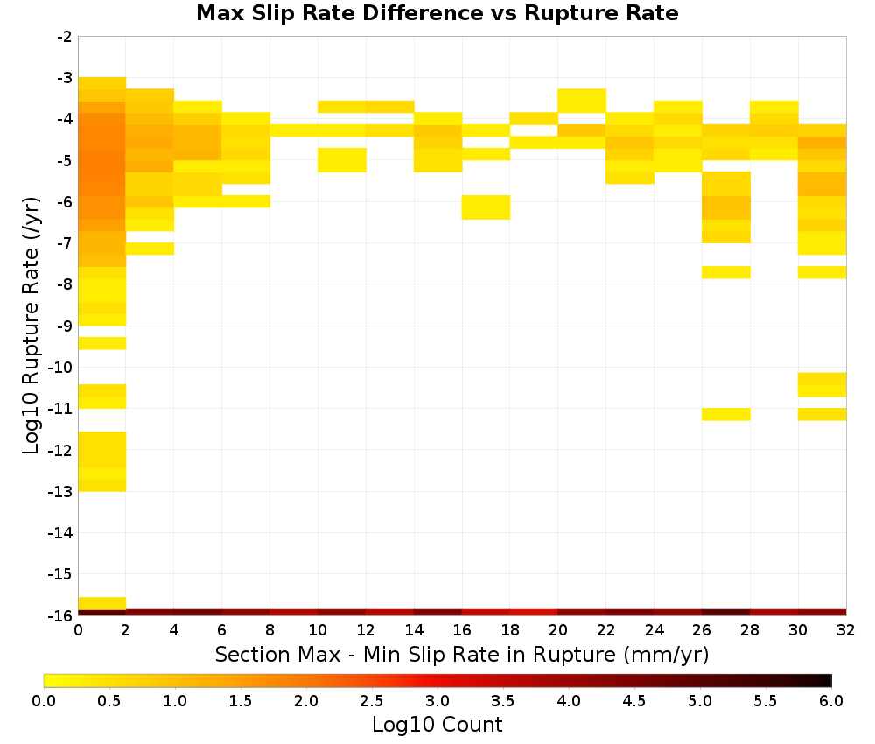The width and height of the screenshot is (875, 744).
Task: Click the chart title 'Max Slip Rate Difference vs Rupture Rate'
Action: pyautogui.click(x=437, y=13)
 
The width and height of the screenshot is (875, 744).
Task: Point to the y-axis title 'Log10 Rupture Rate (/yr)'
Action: pyautogui.click(x=31, y=326)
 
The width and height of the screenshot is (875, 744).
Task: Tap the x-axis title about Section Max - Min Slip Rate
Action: pyautogui.click(x=462, y=655)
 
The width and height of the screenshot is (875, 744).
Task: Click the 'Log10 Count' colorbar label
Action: pyautogui.click(x=437, y=725)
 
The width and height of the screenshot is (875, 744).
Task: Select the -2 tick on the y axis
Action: pyautogui.click(x=65, y=37)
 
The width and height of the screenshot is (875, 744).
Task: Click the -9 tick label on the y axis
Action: pyautogui.click(x=65, y=326)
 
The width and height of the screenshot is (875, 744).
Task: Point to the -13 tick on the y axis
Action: pyautogui.click(x=60, y=491)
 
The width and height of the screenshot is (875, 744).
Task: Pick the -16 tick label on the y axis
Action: pyautogui.click(x=60, y=615)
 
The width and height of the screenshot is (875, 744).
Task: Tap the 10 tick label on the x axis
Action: pyautogui.click(x=318, y=630)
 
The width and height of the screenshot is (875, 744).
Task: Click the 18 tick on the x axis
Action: pyautogui.click(x=510, y=630)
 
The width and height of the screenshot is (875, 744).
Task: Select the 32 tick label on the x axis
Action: pyautogui.click(x=846, y=630)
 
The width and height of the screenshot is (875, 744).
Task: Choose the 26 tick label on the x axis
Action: pyautogui.click(x=702, y=630)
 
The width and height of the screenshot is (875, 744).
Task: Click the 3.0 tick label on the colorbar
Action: pyautogui.click(x=437, y=700)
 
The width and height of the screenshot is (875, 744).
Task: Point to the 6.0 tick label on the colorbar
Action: pyautogui.click(x=831, y=700)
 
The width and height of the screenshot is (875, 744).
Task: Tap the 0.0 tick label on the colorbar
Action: pyautogui.click(x=44, y=700)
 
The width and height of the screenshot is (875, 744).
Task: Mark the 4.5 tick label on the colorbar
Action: pyautogui.click(x=634, y=700)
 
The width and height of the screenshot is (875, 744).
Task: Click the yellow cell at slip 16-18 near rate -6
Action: pyautogui.click(x=486, y=207)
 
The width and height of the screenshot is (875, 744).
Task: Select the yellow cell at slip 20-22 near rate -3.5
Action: pyautogui.click(x=582, y=101)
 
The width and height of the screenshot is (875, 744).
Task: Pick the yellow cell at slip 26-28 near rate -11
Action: pyautogui.click(x=726, y=414)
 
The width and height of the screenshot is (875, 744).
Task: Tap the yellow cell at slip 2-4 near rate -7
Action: pyautogui.click(x=150, y=249)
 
